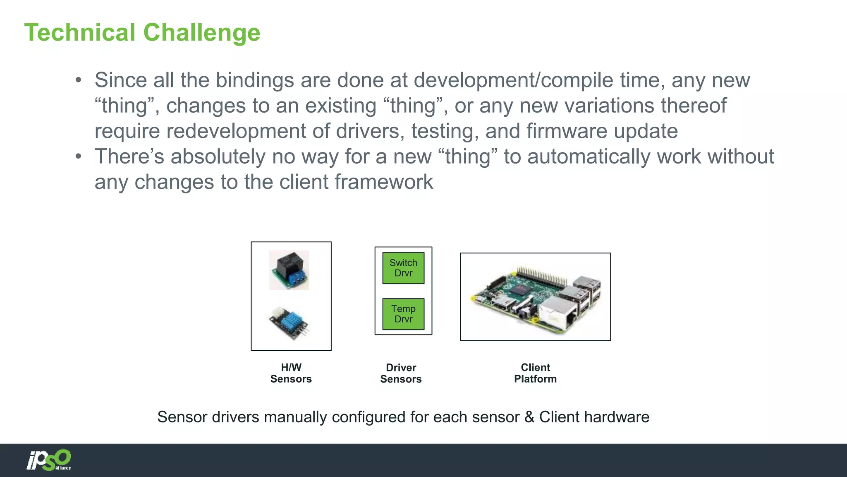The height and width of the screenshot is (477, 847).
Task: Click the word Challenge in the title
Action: point(201,33)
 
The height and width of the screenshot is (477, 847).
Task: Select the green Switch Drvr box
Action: point(403,268)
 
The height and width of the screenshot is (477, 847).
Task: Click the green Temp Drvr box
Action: point(403,314)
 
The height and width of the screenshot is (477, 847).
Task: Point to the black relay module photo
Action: point(289,270)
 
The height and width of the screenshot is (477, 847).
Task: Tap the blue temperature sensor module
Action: point(289,323)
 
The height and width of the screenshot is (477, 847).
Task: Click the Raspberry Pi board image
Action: point(535,297)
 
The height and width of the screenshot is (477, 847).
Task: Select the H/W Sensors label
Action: point(291,373)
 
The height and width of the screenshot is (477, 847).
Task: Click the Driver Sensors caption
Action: point(401,373)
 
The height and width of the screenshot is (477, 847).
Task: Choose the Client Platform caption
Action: point(535,373)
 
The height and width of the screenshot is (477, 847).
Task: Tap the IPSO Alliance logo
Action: point(49,460)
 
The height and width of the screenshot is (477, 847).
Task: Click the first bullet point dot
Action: point(79,80)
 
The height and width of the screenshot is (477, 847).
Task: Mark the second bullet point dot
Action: point(79,157)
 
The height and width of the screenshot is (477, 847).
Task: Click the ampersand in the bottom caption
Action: point(529,417)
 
